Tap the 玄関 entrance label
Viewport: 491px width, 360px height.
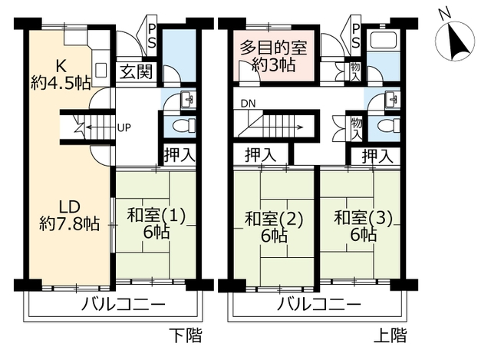click(x=137, y=71)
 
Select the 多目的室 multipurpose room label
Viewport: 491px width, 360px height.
click(x=274, y=48)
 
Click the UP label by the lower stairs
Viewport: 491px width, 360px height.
click(x=124, y=127)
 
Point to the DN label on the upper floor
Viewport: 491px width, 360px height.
click(x=248, y=104)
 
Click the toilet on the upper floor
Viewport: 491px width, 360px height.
click(x=389, y=126)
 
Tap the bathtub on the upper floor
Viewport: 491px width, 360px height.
click(x=384, y=41)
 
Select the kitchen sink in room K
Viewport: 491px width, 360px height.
click(x=101, y=70)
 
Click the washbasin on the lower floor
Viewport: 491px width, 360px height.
click(x=188, y=100)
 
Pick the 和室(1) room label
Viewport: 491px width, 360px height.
click(x=157, y=216)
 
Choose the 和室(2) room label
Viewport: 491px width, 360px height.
click(x=274, y=219)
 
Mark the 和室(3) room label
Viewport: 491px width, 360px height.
click(x=363, y=217)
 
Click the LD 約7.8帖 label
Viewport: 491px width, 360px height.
click(x=70, y=215)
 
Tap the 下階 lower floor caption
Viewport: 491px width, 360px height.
click(x=186, y=335)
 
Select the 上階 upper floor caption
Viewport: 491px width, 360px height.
click(x=390, y=335)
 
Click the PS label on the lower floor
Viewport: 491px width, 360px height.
click(x=151, y=36)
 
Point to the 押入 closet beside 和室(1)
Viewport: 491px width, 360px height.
click(x=180, y=154)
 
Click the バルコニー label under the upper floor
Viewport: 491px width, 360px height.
click(x=319, y=304)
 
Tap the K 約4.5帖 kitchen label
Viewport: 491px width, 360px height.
click(x=61, y=74)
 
